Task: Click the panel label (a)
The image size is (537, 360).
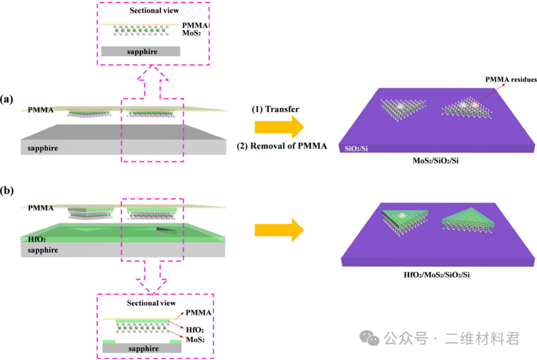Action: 7,99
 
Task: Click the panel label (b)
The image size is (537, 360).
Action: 7,190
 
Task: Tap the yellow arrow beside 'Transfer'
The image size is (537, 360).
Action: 278,128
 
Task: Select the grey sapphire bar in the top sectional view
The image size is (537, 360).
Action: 141,51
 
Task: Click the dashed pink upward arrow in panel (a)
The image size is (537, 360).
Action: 153,80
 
